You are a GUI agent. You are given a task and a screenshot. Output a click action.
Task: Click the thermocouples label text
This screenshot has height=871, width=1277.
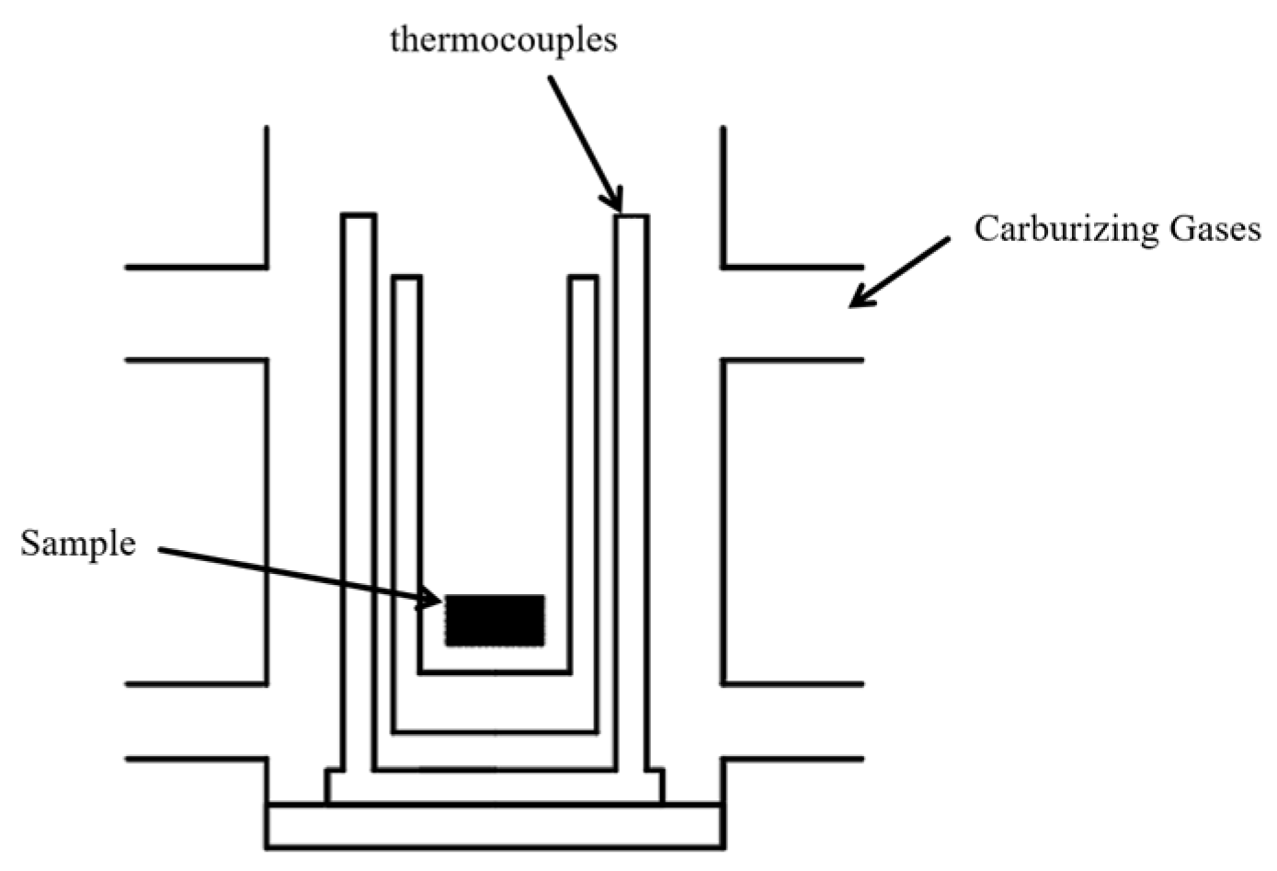(x=503, y=41)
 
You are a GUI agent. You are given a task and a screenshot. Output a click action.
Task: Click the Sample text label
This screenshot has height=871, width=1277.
(x=78, y=544)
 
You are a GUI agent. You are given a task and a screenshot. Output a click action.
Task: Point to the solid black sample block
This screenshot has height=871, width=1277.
(x=495, y=620)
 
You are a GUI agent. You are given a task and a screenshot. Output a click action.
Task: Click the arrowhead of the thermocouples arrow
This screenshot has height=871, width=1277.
(x=617, y=204)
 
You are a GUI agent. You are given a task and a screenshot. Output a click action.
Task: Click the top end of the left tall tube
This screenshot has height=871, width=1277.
(x=358, y=217)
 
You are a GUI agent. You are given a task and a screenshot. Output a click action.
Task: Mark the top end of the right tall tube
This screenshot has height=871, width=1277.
(x=632, y=218)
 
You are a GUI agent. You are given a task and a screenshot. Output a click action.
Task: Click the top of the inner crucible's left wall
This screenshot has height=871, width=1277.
(x=406, y=279)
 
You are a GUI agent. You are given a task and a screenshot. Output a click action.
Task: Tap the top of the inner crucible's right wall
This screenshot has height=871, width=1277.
(x=583, y=279)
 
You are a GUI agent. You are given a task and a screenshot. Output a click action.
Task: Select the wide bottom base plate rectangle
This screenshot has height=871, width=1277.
(x=495, y=825)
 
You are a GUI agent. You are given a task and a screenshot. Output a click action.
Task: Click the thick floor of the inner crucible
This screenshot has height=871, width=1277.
(x=495, y=704)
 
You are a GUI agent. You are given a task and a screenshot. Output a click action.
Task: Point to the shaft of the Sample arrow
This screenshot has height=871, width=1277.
(x=294, y=576)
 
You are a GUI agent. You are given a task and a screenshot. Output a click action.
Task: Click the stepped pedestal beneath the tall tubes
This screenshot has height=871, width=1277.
(x=495, y=787)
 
